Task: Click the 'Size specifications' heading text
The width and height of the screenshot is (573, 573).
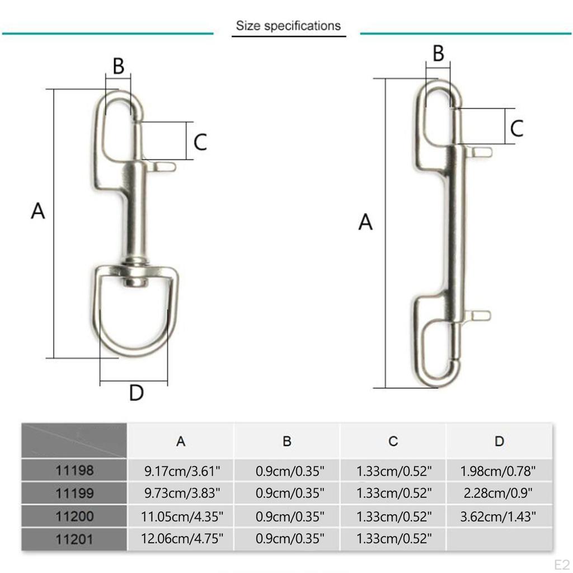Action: click(288, 26)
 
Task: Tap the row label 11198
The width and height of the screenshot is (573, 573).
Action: click(74, 471)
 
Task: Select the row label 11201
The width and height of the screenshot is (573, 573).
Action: click(74, 539)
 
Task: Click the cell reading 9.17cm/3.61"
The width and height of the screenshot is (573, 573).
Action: click(181, 471)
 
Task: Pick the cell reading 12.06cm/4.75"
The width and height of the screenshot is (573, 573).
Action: click(181, 539)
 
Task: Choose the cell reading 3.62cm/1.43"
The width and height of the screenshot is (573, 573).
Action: click(499, 516)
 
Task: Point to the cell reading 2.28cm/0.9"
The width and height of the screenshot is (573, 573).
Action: click(499, 494)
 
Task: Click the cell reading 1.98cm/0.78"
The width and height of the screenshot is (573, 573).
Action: click(499, 471)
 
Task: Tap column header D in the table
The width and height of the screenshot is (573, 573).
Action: click(499, 441)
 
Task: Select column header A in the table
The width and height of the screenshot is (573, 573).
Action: click(181, 441)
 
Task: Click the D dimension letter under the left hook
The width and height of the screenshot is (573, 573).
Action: click(137, 393)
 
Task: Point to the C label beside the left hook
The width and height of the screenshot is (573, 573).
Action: click(200, 142)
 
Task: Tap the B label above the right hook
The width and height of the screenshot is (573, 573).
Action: click(438, 54)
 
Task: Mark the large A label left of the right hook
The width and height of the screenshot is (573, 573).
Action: click(365, 222)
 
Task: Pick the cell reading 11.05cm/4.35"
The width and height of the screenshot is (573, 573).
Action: click(181, 516)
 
